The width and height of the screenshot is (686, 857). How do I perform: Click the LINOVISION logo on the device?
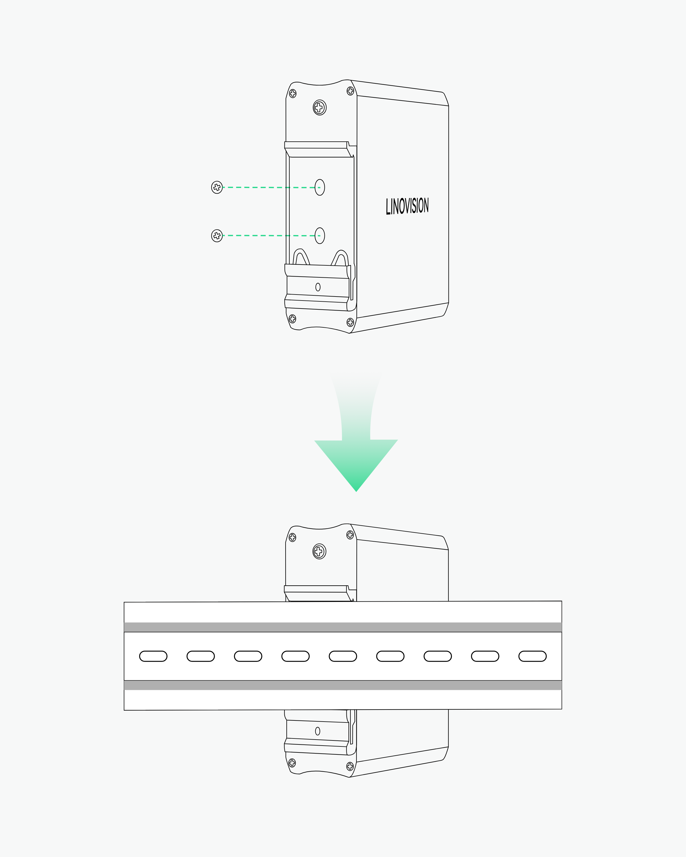(407, 206)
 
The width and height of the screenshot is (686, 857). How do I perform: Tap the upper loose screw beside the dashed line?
(217, 187)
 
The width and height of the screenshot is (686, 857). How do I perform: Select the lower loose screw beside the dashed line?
(217, 236)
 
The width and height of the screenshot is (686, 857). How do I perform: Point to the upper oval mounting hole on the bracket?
(320, 187)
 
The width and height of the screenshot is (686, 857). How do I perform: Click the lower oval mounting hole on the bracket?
(320, 236)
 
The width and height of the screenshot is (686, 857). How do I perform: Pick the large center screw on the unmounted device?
(319, 107)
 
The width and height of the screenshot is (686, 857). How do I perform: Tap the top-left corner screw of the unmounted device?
(293, 93)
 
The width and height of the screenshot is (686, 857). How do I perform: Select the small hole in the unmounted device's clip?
(318, 287)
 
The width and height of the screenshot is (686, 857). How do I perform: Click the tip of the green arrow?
(356, 492)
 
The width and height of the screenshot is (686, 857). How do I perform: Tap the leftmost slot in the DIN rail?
(153, 656)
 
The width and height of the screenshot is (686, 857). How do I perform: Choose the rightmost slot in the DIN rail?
(533, 656)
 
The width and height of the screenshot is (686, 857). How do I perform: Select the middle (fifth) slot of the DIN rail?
(343, 656)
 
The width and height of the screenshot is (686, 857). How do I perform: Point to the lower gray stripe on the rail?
(343, 685)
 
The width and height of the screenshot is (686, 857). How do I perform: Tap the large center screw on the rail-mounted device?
(319, 551)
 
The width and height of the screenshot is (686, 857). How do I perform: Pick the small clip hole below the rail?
(317, 731)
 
